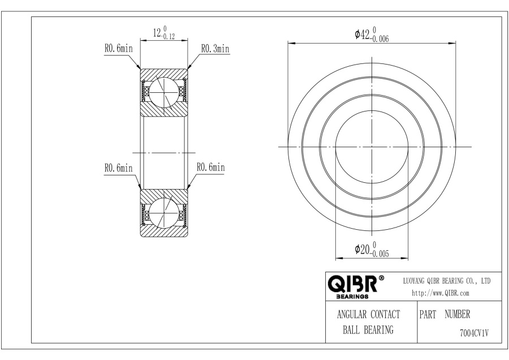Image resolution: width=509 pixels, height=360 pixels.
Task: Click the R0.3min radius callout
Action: click(x=215, y=49)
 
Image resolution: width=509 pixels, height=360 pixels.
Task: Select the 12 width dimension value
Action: click(x=157, y=32)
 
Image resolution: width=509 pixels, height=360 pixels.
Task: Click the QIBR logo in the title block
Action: click(x=353, y=284)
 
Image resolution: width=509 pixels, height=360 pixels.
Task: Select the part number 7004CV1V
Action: click(x=475, y=333)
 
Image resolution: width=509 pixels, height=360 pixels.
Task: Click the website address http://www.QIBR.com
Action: click(x=441, y=293)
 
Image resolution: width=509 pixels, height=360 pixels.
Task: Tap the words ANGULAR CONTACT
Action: click(x=368, y=315)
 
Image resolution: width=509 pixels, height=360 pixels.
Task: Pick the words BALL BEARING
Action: click(x=368, y=330)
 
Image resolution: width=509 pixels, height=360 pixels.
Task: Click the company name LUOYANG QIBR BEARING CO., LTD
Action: click(x=447, y=281)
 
